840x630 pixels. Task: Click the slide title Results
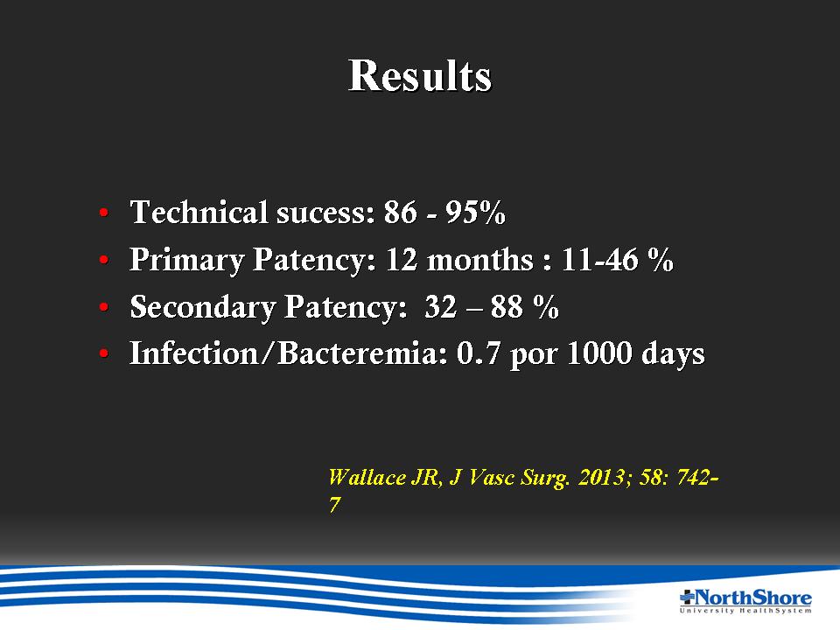[x=419, y=75]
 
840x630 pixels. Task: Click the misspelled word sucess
[x=325, y=212]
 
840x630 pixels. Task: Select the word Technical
[x=199, y=212]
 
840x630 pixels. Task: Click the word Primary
[x=186, y=261]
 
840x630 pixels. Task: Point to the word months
[x=480, y=260]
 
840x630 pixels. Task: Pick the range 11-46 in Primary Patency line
[x=600, y=260]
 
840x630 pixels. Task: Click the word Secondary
[x=202, y=307]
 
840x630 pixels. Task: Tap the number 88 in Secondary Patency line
[x=507, y=307]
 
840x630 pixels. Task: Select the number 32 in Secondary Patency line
[x=441, y=307]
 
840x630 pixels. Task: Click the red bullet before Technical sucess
[x=104, y=213]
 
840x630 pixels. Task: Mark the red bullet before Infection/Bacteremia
[x=104, y=353]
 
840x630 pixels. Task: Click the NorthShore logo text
[x=752, y=597]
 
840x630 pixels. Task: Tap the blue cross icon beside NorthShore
[x=688, y=596]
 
